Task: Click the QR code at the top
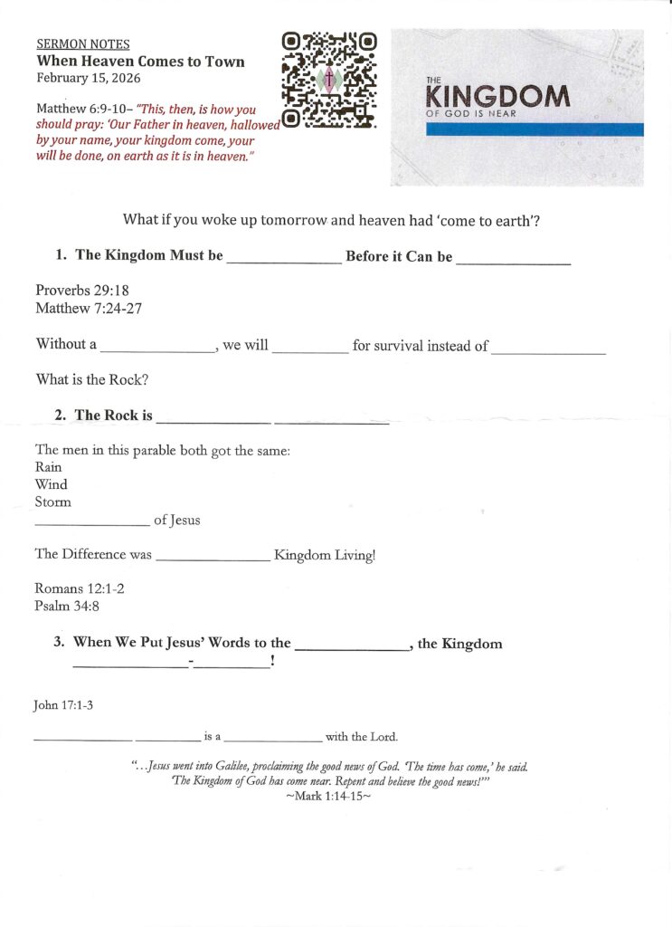click(x=328, y=79)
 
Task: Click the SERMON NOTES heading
click(x=82, y=43)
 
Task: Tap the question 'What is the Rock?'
click(x=92, y=379)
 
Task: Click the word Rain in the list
click(x=49, y=467)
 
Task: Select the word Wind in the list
click(x=51, y=484)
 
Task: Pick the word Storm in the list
click(x=53, y=502)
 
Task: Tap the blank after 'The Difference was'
click(x=213, y=560)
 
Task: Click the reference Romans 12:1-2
click(x=80, y=588)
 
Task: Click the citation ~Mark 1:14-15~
click(x=328, y=798)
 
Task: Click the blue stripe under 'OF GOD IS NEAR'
click(x=534, y=129)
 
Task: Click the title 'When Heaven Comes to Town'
click(x=140, y=61)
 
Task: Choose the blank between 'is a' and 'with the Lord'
click(x=277, y=740)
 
